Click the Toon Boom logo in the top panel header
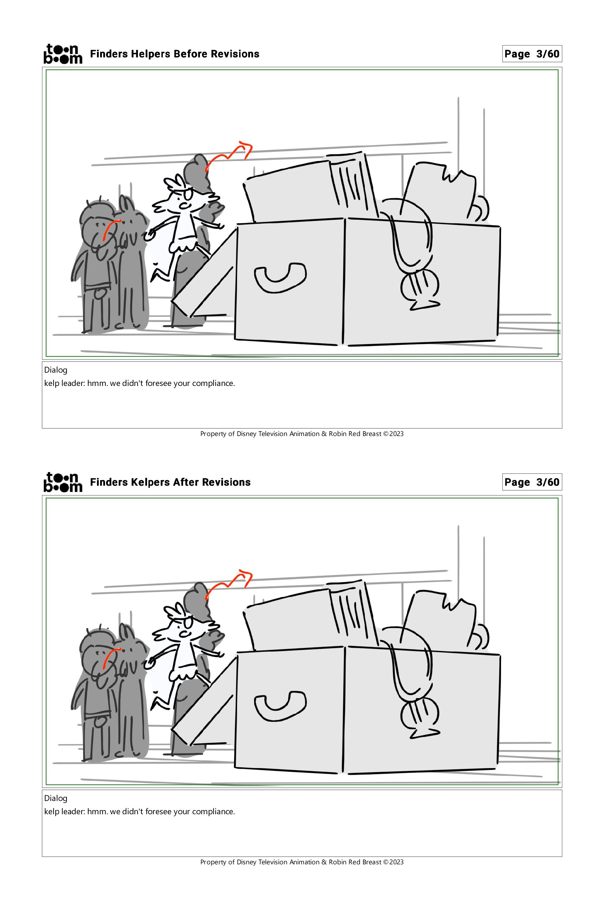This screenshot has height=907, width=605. coord(63,54)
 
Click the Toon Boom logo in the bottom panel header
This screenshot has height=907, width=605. coord(63,482)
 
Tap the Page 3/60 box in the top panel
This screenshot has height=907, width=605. coord(532,54)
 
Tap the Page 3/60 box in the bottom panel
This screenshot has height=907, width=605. coord(532,482)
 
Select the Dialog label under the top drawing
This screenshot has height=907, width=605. coord(56,370)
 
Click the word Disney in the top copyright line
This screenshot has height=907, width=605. coord(246,434)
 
